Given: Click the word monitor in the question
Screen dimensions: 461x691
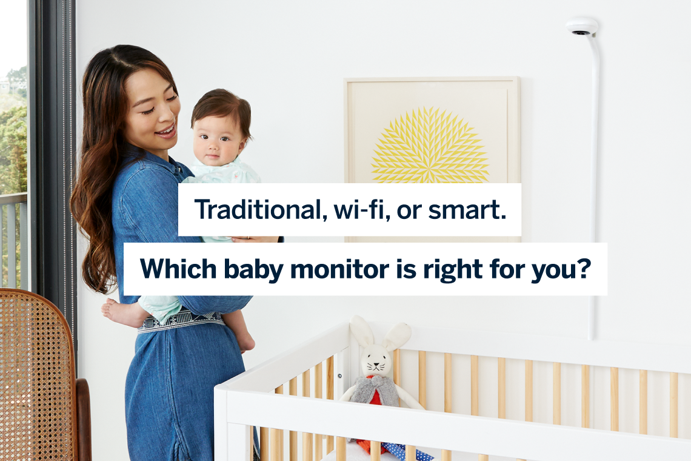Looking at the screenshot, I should pyautogui.click(x=336, y=269).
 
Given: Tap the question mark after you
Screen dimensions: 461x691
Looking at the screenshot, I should pyautogui.click(x=583, y=269).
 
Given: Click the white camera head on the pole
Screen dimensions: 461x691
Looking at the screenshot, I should pyautogui.click(x=582, y=27).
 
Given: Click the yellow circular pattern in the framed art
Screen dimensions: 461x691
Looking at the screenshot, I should pyautogui.click(x=430, y=146).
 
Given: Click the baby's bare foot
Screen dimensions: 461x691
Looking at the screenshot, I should pyautogui.click(x=116, y=311).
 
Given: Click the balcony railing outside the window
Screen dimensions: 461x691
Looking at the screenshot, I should pyautogui.click(x=13, y=237).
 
